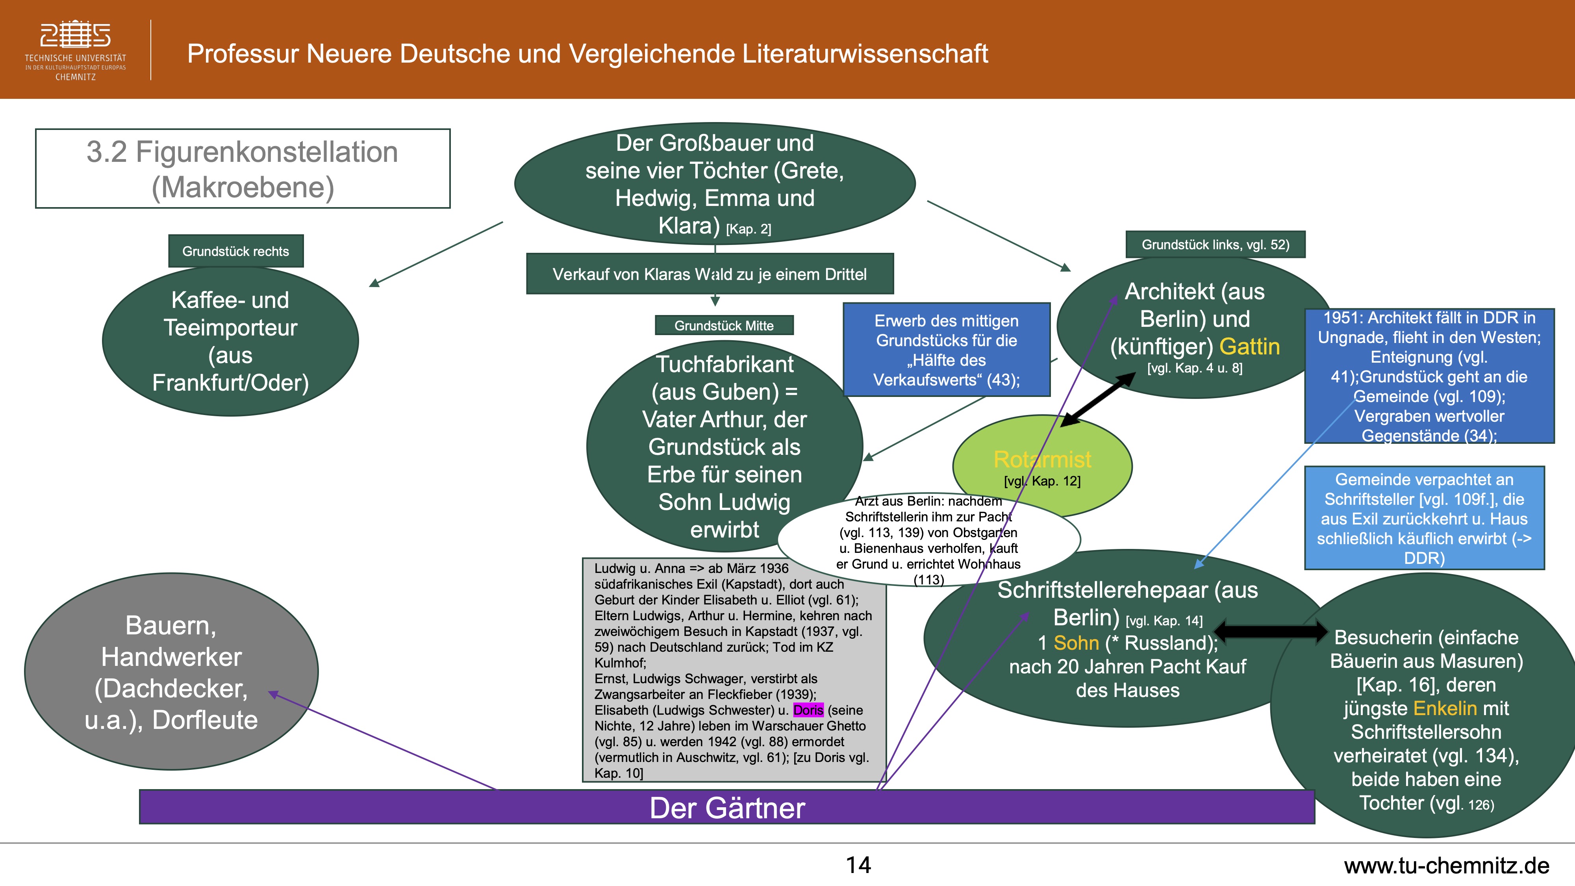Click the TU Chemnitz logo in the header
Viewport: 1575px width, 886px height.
75,50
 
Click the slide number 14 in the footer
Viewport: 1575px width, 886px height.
858,865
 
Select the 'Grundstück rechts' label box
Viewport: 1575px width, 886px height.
235,251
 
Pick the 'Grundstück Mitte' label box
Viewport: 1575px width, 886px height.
724,325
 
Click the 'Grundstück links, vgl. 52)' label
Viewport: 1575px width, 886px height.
1215,245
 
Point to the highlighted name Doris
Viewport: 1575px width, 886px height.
808,710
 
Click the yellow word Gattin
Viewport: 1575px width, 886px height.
1249,347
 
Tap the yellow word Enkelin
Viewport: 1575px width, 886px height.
1445,708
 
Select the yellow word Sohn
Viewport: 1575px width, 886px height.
1076,643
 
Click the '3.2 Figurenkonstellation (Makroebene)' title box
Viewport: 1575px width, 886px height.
243,169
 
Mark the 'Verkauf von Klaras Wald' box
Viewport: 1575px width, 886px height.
709,274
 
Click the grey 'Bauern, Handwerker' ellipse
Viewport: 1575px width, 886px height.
171,671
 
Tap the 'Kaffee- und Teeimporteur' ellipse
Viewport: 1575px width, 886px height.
230,341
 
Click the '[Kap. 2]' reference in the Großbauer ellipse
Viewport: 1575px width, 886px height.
749,229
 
